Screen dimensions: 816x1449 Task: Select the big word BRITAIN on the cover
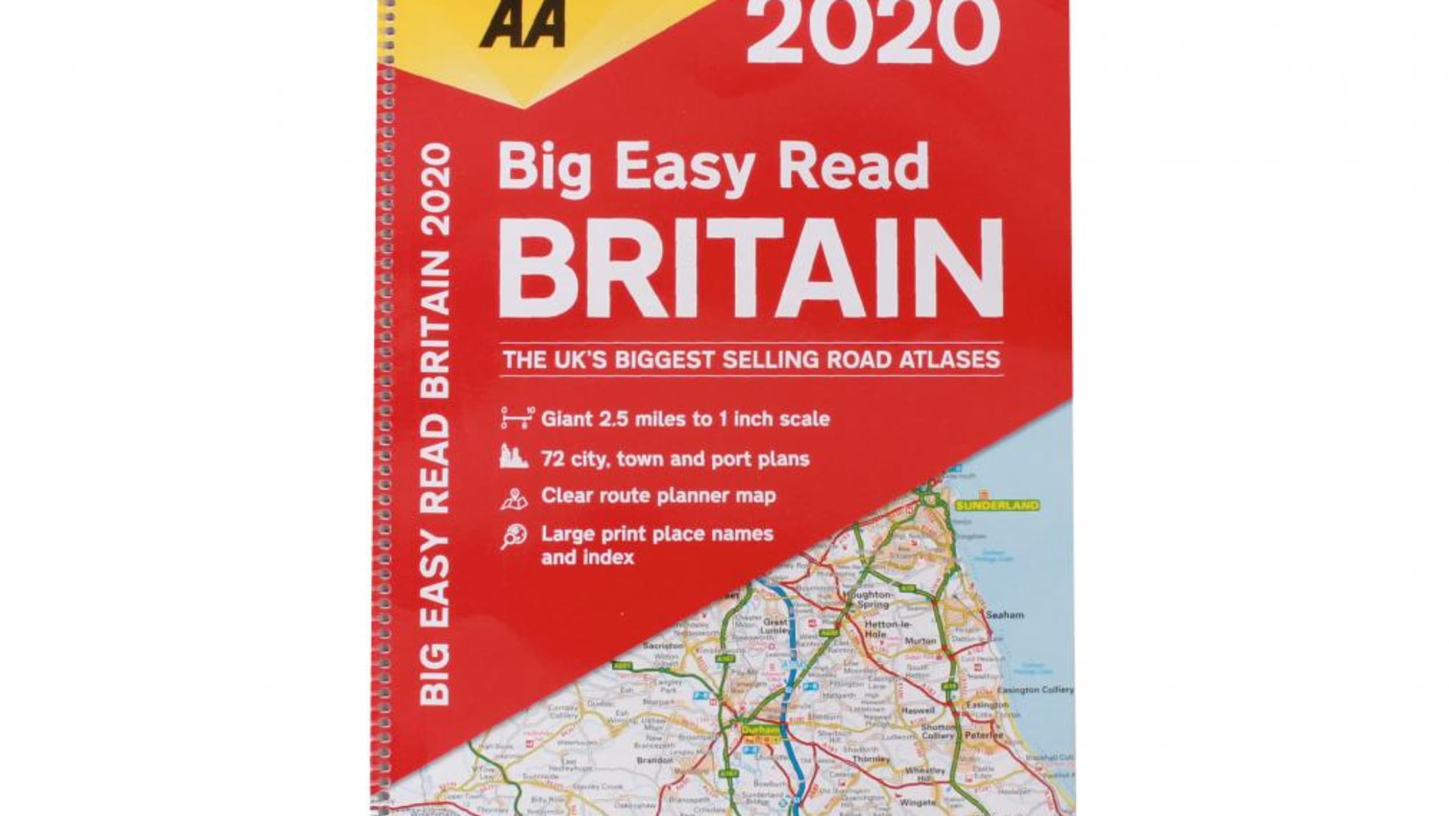click(751, 269)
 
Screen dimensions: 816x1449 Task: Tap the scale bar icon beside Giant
click(517, 418)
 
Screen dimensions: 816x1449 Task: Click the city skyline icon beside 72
click(513, 457)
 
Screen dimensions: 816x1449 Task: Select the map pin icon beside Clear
click(514, 498)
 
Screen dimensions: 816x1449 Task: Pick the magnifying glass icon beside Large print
click(513, 537)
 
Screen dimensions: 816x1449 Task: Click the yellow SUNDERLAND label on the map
click(997, 506)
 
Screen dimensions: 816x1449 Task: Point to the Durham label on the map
click(761, 730)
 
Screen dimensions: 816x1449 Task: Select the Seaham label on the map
click(1005, 614)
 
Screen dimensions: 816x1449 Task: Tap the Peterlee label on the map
click(984, 735)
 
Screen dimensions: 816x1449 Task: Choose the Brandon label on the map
click(654, 760)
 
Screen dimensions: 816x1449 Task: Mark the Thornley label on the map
click(871, 759)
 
